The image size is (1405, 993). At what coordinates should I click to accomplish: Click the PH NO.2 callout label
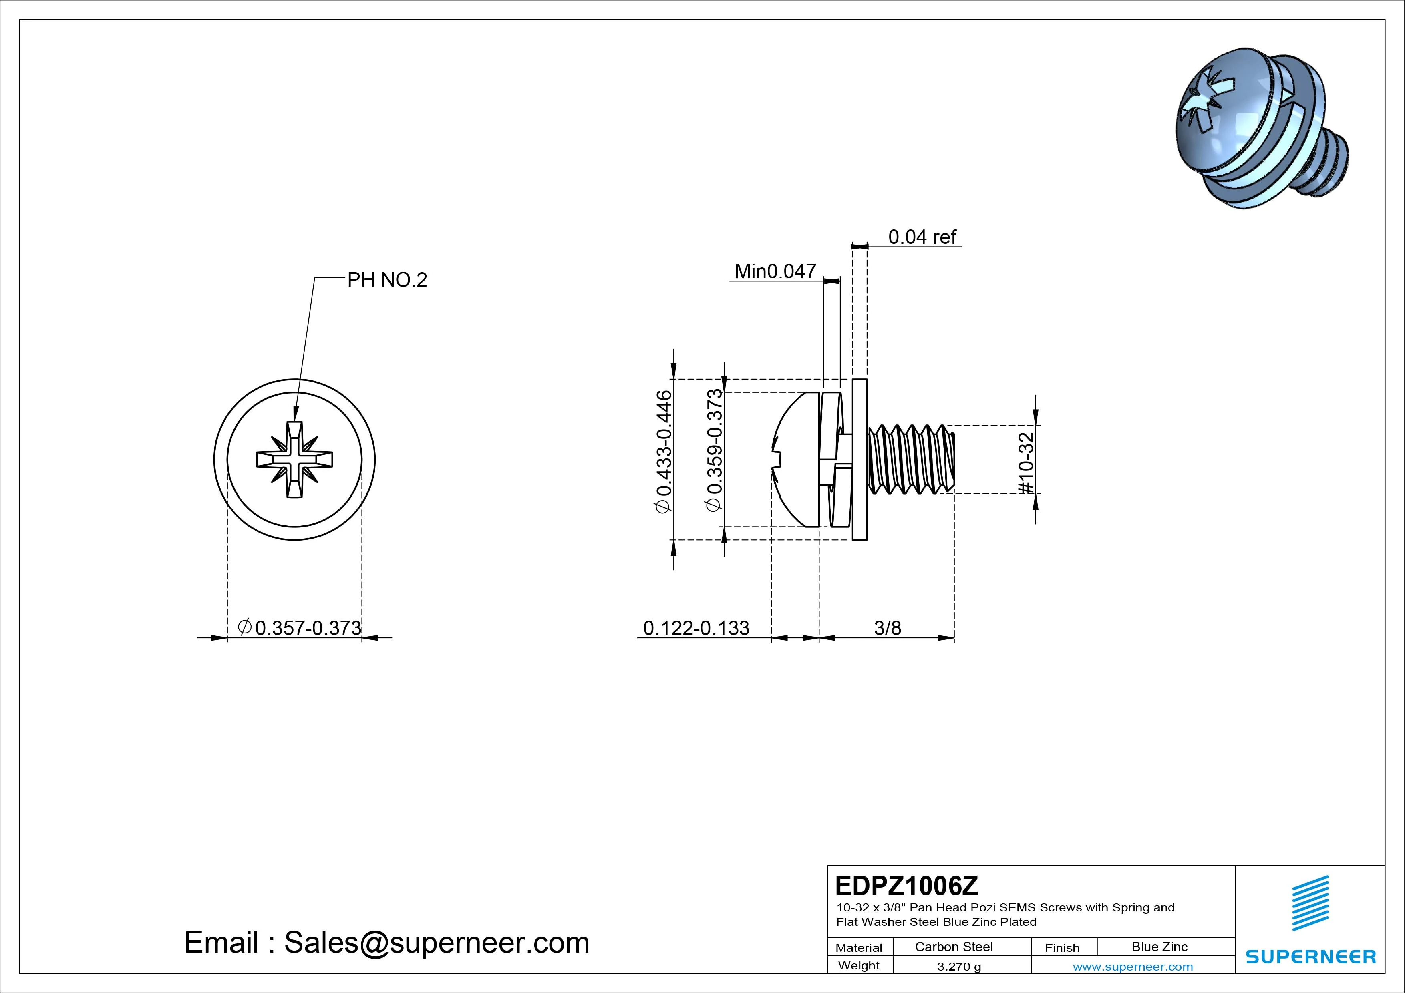[x=387, y=280]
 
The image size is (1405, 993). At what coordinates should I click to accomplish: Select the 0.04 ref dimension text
[x=922, y=237]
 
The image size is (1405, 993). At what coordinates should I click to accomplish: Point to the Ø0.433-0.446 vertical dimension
[x=664, y=452]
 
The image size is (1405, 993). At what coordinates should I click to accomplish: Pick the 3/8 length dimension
[x=887, y=628]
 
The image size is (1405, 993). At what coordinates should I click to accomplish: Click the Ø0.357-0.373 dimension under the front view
[x=300, y=628]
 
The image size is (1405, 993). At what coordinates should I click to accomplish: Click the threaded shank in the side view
[x=910, y=459]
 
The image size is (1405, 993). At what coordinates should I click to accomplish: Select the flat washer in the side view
[x=860, y=459]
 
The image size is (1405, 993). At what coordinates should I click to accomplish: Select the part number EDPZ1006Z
[x=906, y=885]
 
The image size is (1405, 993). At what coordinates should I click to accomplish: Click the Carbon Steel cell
[x=953, y=947]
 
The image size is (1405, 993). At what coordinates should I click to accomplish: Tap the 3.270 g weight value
[x=959, y=967]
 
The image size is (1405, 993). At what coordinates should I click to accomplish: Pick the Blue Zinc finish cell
[x=1159, y=947]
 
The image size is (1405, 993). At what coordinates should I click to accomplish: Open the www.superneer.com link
[x=1133, y=967]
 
